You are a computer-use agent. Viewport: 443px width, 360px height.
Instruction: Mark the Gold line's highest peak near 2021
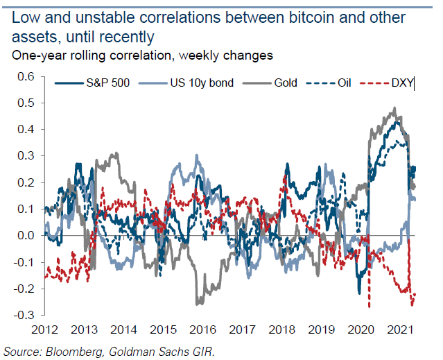[394, 108]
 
